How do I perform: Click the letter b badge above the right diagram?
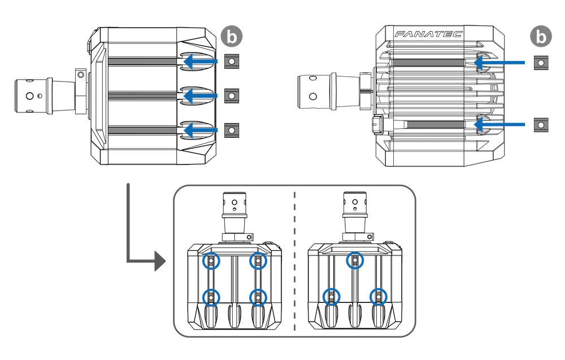541,37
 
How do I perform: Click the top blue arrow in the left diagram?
201,62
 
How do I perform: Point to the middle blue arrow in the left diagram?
201,96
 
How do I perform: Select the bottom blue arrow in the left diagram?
201,131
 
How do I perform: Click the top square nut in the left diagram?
231,62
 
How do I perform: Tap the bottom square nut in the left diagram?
231,131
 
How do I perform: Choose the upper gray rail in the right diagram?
428,63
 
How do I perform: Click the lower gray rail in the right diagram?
435,124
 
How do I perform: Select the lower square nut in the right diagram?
541,124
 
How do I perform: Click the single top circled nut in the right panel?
354,260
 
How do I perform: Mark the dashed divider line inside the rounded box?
293,260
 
